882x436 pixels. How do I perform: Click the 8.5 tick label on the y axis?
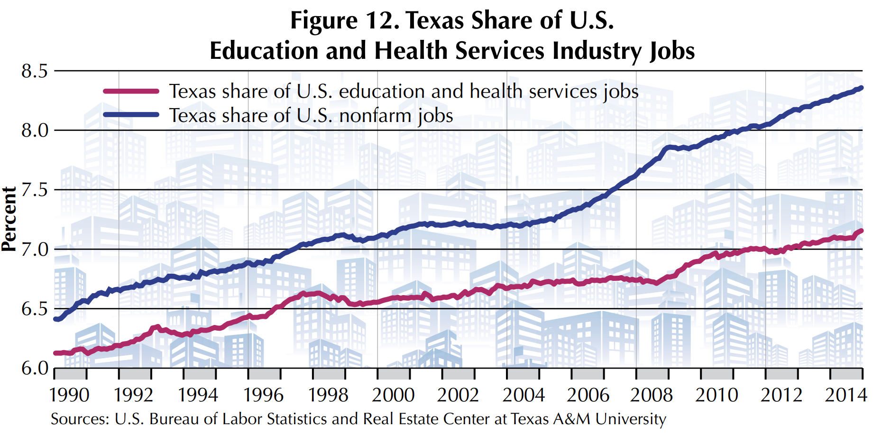point(35,71)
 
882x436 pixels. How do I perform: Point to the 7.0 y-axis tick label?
point(35,249)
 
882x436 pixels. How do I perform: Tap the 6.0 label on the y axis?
point(35,368)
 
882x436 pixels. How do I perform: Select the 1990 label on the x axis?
point(69,395)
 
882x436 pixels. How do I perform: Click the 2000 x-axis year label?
point(393,395)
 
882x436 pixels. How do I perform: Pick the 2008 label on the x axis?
point(652,395)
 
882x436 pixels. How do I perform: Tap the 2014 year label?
point(846,395)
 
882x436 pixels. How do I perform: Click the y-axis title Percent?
point(9,219)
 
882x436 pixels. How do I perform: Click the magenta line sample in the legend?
point(131,91)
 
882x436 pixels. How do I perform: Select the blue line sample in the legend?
point(131,114)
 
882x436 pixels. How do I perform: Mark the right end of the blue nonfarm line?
point(861,88)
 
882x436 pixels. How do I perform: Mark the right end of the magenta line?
point(861,231)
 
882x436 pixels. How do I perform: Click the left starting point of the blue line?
point(55,319)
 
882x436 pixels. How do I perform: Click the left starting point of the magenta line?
point(55,353)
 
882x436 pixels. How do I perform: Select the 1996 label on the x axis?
point(263,395)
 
